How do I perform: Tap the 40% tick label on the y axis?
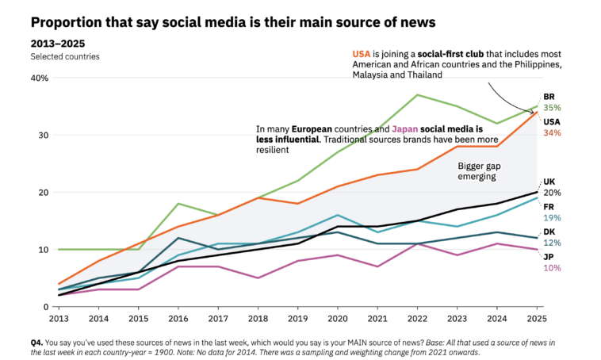pos(40,78)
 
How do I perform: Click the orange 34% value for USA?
pos(552,132)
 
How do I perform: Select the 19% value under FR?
pos(552,218)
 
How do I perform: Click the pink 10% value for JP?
pos(552,268)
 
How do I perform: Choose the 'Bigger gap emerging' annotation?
pos(476,172)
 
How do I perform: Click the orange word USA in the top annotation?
pos(363,53)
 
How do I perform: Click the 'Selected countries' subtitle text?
pos(65,56)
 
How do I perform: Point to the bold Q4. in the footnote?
pos(36,341)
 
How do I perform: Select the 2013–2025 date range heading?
pos(58,43)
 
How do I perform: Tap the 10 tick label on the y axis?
pos(43,249)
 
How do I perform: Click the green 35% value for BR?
pos(552,108)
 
